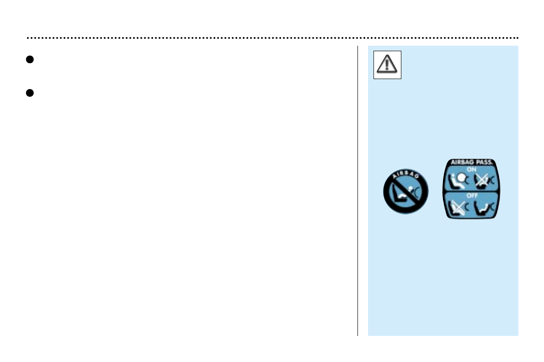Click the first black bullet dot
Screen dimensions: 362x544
[x=28, y=59]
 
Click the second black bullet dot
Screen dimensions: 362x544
[x=28, y=92]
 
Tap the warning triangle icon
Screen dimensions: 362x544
[x=387, y=65]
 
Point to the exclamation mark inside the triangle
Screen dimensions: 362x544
[x=387, y=66]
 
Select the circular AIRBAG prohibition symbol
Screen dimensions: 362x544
[x=406, y=192]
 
